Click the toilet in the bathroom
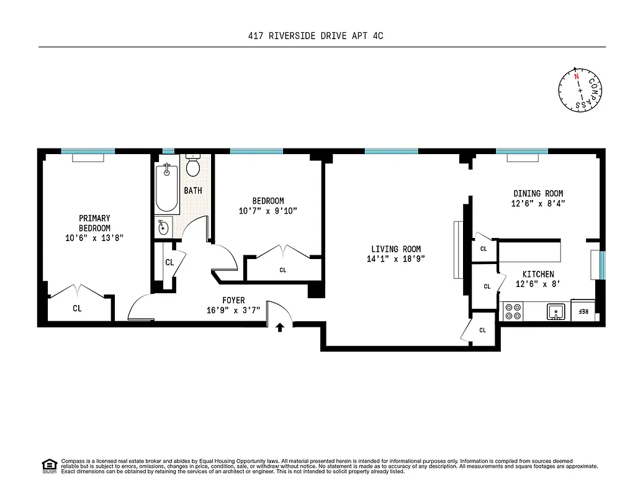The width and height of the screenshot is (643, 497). [192, 166]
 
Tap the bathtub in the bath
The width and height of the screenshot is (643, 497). [167, 188]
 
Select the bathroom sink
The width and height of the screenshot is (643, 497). [163, 227]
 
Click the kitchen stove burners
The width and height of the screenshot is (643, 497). [512, 311]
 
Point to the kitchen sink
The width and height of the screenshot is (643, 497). [555, 311]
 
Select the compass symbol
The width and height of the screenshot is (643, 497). [580, 91]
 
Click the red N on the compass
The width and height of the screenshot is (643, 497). [577, 76]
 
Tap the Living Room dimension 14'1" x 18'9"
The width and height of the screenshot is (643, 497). [395, 259]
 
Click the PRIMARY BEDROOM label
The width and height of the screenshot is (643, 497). [94, 223]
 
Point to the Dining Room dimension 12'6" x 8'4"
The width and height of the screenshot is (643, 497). [538, 203]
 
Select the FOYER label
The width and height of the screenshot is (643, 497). [234, 300]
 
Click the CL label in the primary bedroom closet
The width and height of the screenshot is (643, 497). [77, 308]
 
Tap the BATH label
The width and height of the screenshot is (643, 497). [192, 191]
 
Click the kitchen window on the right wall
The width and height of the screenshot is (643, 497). [602, 265]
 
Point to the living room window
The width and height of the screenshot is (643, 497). [391, 151]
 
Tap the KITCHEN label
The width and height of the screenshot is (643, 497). [537, 274]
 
